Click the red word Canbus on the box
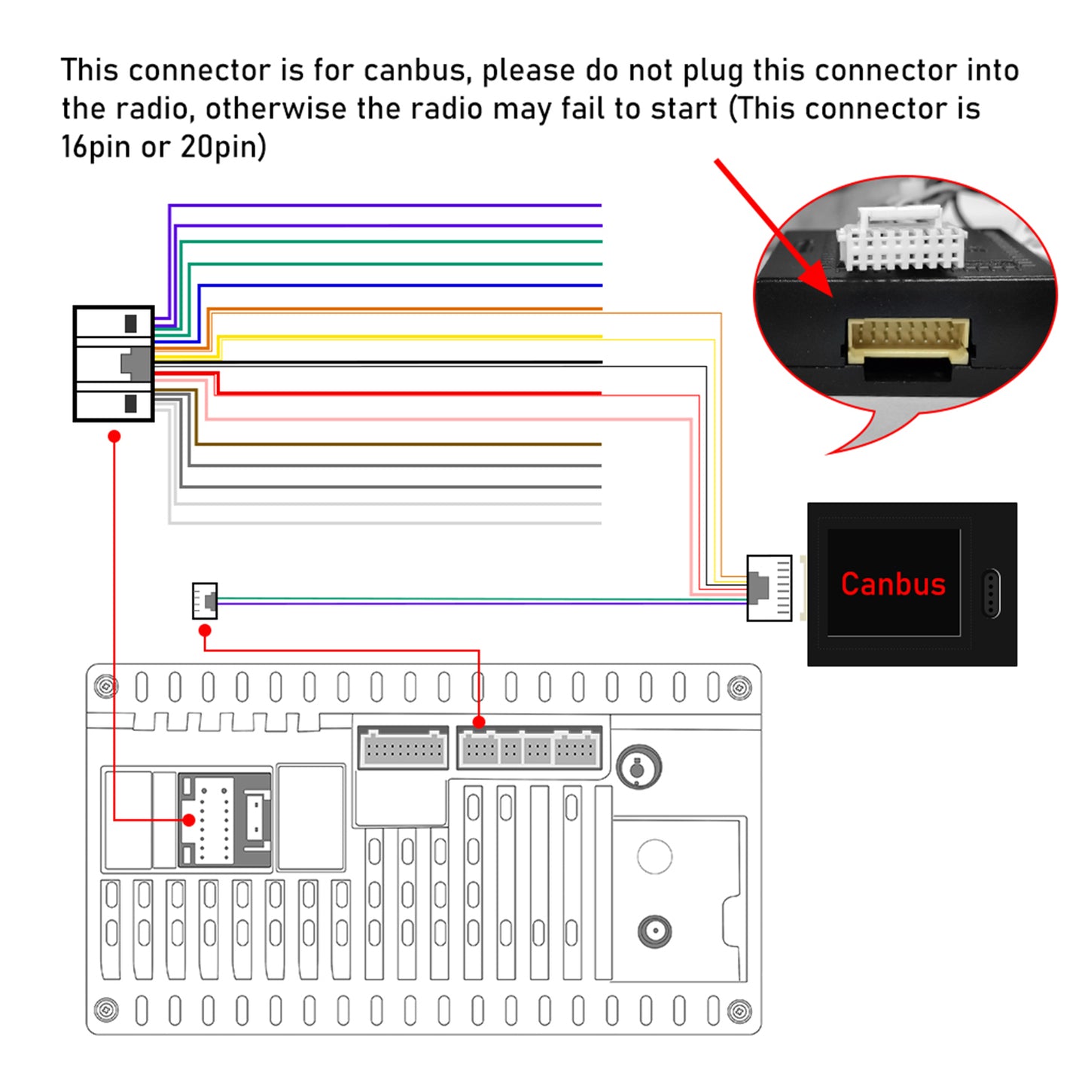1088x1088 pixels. pos(892,584)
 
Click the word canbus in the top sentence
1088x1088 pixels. pos(414,71)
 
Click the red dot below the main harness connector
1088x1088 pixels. pos(114,436)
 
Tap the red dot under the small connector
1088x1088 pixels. pos(205,630)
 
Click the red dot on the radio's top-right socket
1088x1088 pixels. pos(479,722)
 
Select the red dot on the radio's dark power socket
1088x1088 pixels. pos(189,820)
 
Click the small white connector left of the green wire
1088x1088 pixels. pos(204,601)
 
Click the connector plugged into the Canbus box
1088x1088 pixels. pos(769,588)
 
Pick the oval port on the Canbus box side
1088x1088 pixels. pos(991,593)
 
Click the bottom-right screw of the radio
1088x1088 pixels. pos(739,1010)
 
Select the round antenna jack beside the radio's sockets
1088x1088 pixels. pos(638,766)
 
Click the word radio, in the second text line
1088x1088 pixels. pos(151,108)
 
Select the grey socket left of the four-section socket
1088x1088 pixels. pos(403,748)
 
